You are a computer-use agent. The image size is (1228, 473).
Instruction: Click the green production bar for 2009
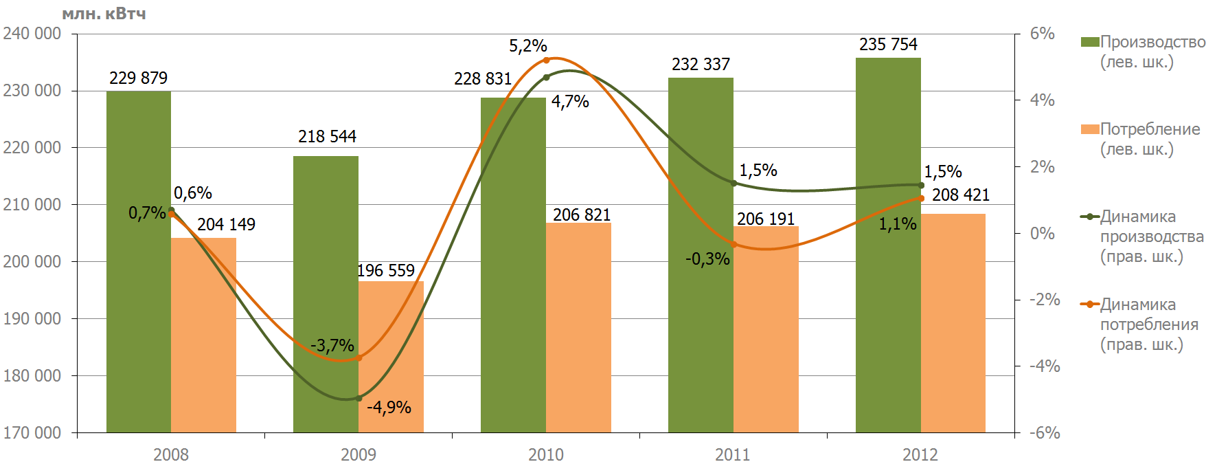[326, 294]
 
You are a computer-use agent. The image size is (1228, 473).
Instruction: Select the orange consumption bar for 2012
[953, 323]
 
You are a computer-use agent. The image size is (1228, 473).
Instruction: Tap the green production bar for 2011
[701, 255]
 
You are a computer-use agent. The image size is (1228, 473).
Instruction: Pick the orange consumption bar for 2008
[203, 335]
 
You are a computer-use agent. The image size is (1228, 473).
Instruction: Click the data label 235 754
[888, 45]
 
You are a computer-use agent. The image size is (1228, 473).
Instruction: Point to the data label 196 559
[386, 271]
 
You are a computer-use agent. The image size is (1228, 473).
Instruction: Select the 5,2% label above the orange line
[527, 46]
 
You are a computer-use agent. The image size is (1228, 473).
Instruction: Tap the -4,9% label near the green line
[389, 408]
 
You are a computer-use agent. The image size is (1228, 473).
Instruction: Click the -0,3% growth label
[707, 259]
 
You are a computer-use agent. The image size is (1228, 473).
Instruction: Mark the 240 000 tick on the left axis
[32, 34]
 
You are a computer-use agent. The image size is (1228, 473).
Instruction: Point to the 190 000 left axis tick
[32, 319]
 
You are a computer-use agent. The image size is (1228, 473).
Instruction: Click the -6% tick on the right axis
[1045, 433]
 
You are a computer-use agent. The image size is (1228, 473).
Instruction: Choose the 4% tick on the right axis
[1043, 100]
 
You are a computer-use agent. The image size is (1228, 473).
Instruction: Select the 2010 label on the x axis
[546, 454]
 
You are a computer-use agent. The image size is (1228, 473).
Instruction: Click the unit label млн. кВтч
[104, 14]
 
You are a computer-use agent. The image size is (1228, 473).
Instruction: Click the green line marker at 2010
[546, 78]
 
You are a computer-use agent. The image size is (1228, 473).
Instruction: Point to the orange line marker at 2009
[359, 358]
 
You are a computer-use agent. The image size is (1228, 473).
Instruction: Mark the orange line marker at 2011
[734, 244]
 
